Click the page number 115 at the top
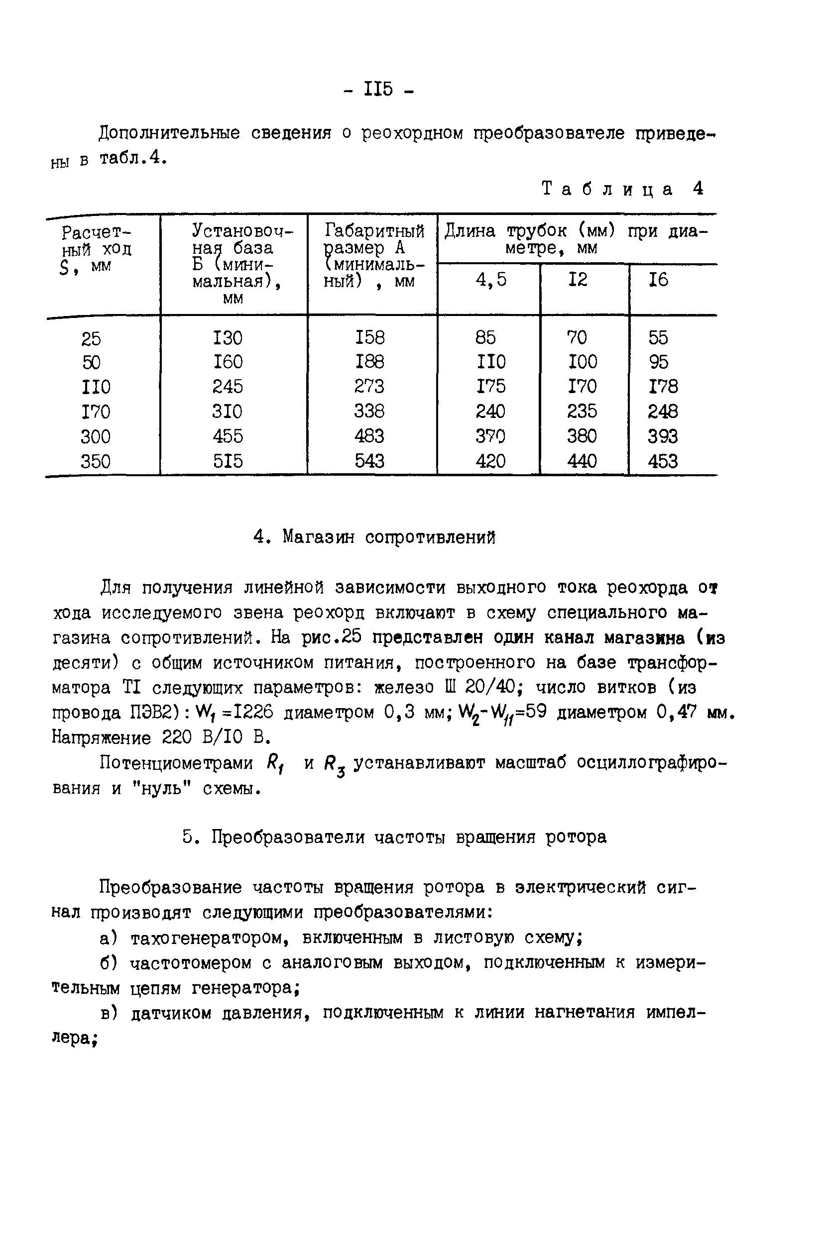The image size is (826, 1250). tap(378, 89)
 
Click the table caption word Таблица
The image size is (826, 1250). tap(607, 189)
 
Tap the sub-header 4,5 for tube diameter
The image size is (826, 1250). tap(490, 280)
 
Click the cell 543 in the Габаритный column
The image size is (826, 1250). tap(369, 461)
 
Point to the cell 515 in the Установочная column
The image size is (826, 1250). tap(228, 461)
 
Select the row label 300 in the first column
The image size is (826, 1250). tap(96, 436)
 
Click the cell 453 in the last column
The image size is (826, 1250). tap(662, 461)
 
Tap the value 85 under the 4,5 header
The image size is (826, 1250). tap(485, 337)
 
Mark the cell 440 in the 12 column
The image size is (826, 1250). tap(582, 461)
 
